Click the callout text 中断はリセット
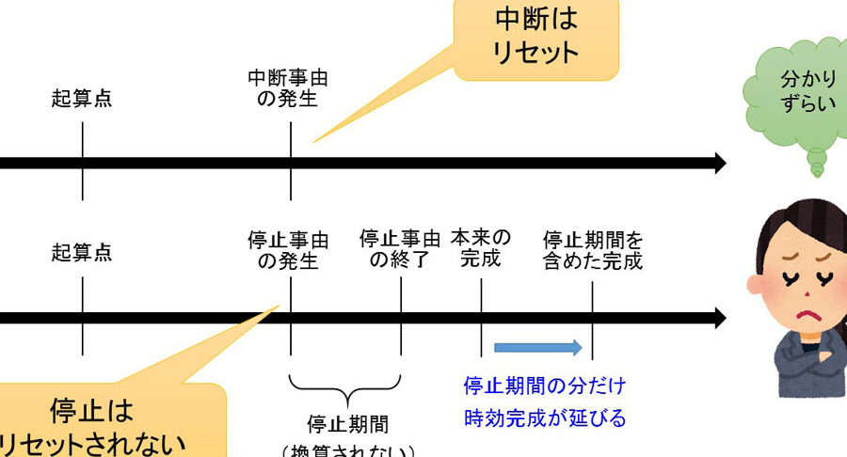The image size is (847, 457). [535, 35]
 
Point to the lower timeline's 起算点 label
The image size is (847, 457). [82, 252]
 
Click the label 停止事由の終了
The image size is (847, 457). [400, 249]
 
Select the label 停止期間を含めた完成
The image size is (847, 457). [593, 249]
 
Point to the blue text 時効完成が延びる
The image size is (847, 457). [545, 418]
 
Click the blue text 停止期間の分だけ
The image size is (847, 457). [545, 386]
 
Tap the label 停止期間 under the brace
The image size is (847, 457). [347, 424]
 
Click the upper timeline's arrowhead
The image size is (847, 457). [719, 163]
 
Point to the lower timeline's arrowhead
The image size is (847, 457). [719, 318]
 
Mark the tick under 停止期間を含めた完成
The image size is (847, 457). [592, 320]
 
